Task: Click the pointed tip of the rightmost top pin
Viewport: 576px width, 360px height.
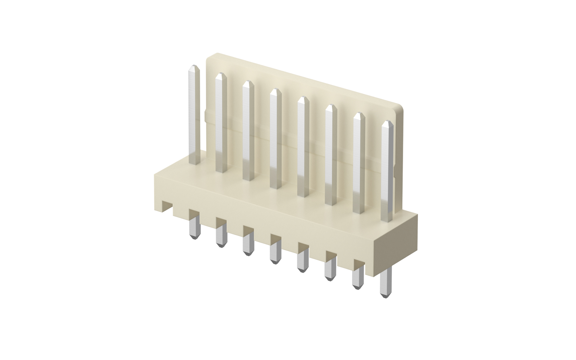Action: pos(387,123)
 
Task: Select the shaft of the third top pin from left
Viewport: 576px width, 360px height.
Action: pos(248,132)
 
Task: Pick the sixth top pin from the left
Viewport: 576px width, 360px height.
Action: pos(331,156)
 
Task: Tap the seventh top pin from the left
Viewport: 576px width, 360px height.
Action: pos(359,163)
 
